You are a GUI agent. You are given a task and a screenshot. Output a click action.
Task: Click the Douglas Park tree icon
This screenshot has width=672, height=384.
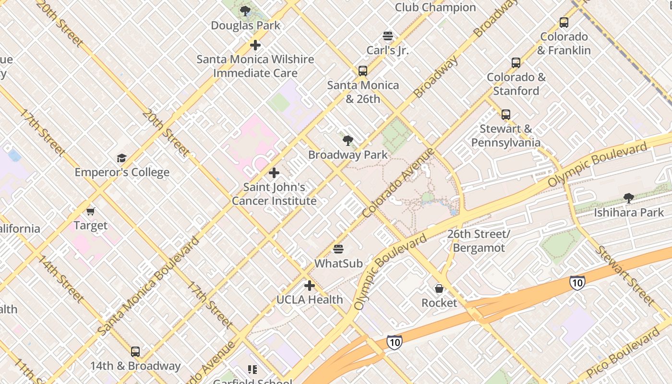245,11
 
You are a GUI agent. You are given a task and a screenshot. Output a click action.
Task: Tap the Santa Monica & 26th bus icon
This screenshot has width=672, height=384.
363,71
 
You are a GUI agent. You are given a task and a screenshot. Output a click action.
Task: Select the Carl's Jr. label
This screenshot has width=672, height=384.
387,50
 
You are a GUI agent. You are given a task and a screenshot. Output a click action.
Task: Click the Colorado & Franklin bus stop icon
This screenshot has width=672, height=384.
564,22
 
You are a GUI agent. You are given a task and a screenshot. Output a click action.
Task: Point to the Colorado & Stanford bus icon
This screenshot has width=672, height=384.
516,62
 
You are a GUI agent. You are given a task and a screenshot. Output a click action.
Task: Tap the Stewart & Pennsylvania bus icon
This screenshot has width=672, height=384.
505,114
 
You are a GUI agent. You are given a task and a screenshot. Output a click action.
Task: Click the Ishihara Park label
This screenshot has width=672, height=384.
629,212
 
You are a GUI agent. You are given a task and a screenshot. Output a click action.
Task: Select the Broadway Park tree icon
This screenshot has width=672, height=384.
348,141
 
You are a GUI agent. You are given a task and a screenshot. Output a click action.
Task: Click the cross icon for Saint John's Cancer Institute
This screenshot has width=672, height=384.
274,173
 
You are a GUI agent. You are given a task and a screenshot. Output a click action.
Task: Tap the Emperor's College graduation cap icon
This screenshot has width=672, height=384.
121,158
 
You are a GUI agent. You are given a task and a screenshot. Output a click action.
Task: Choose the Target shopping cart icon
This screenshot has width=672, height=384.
90,211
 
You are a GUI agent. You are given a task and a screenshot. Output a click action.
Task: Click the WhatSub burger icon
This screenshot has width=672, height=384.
338,249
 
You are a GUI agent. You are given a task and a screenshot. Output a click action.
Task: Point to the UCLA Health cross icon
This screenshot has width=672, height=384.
310,286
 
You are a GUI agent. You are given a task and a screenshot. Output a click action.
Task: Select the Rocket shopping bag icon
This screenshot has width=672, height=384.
439,288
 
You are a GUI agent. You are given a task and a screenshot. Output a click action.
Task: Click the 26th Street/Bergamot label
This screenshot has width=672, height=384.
479,241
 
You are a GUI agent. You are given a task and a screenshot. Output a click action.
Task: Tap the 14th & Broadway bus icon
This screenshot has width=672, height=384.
135,351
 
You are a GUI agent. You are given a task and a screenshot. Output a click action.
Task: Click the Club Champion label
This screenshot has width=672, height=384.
435,7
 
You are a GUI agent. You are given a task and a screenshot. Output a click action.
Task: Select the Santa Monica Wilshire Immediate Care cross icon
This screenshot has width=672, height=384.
255,45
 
